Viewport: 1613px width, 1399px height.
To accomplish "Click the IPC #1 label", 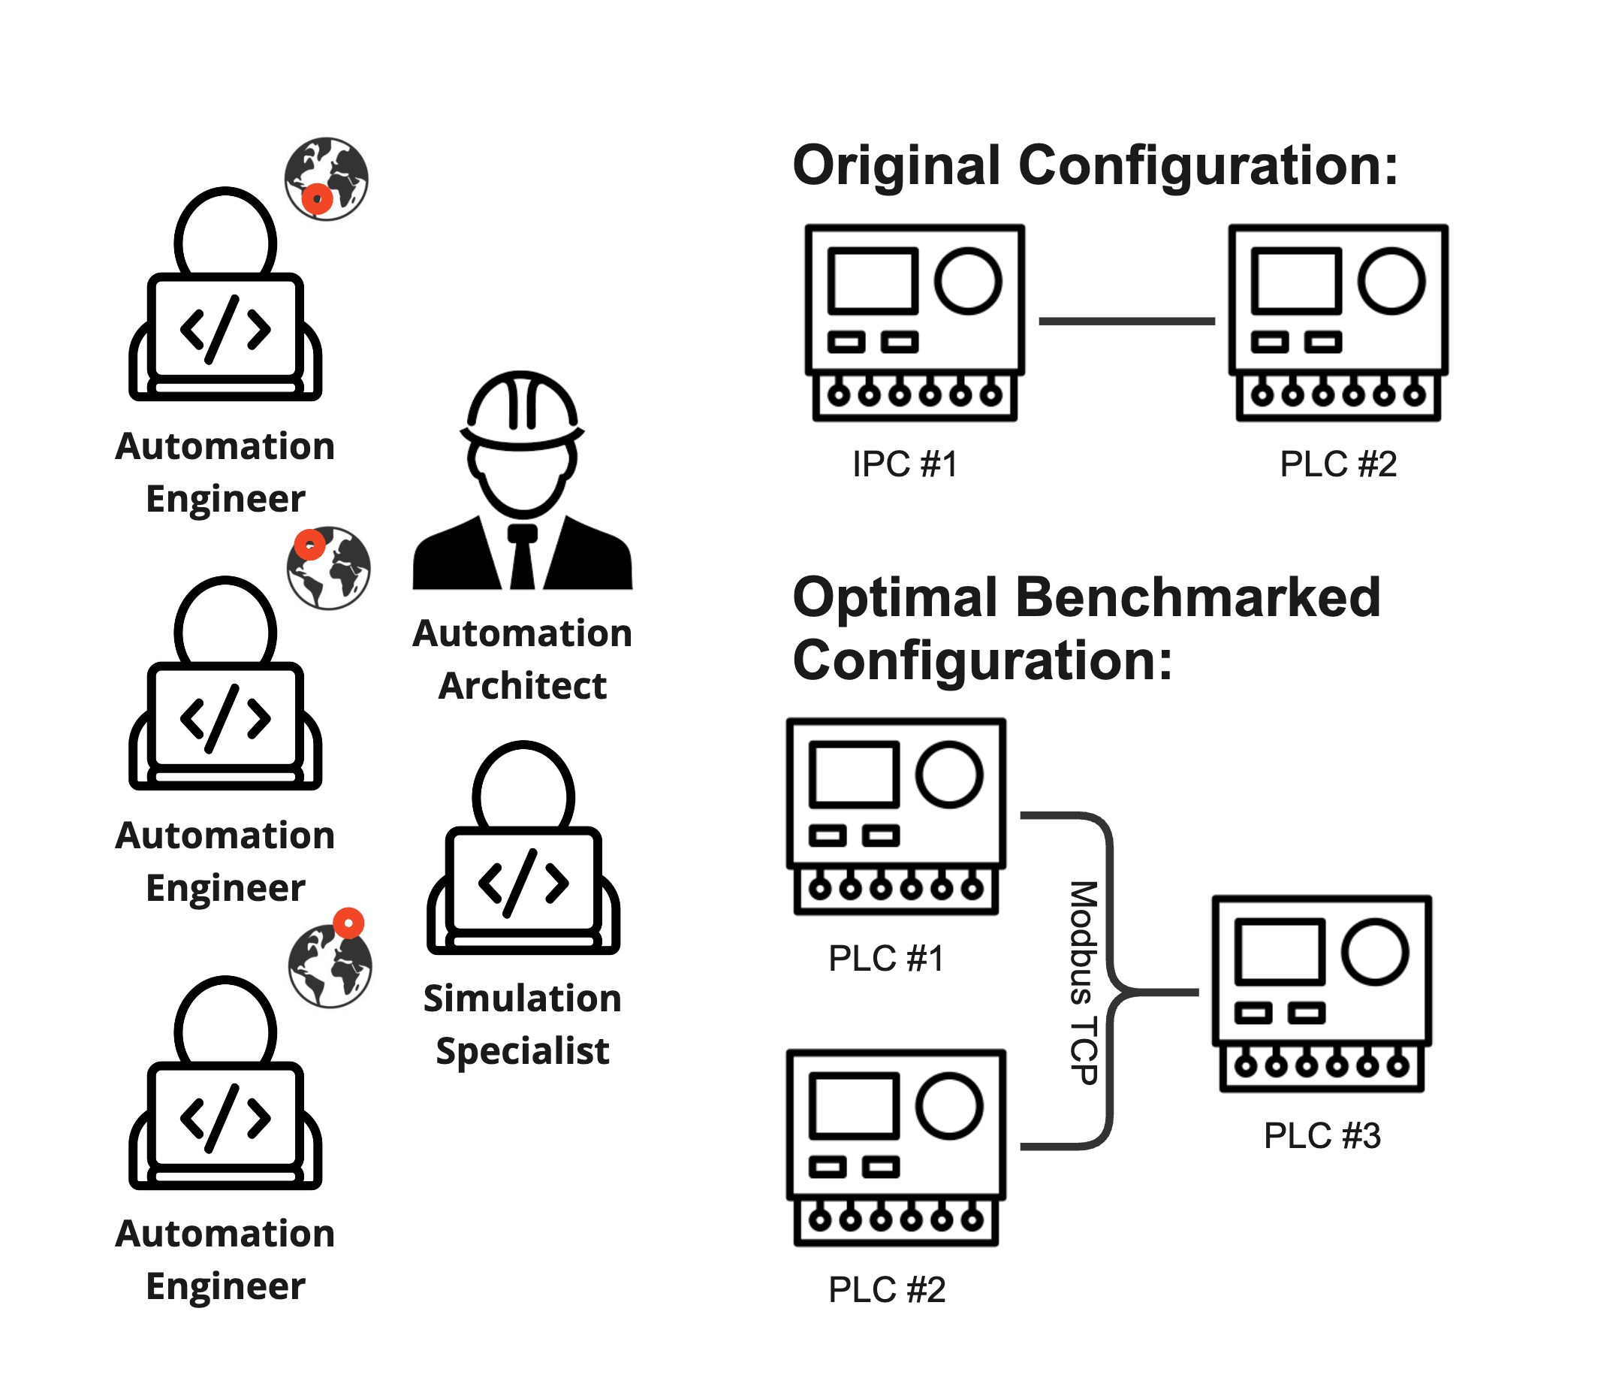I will [904, 464].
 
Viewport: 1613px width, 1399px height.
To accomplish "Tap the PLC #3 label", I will [1322, 1136].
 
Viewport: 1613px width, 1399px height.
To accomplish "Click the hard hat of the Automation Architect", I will [522, 406].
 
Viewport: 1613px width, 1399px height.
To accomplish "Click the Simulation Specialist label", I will [522, 1024].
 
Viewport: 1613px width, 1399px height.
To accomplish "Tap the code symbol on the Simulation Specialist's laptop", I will [523, 883].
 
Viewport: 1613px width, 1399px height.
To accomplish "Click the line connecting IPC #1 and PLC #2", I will [1126, 321].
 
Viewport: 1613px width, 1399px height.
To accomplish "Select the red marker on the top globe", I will [317, 199].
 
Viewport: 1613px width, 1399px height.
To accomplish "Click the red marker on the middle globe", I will [310, 545].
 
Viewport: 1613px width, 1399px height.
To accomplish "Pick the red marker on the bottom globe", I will [349, 923].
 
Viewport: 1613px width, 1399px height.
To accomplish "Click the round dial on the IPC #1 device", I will [968, 281].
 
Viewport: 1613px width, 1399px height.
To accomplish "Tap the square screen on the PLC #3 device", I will [1279, 952].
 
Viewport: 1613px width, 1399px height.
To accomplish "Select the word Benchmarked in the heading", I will [1198, 598].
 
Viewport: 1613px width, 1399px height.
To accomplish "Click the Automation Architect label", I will [522, 659].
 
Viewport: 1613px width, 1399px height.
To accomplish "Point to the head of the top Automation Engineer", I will [225, 234].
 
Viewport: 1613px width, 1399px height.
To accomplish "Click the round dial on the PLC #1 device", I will [949, 775].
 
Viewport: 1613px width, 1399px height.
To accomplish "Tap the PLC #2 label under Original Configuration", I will [1337, 464].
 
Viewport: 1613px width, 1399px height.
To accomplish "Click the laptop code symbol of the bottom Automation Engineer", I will [225, 1118].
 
